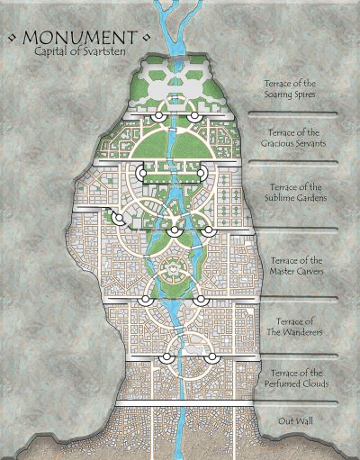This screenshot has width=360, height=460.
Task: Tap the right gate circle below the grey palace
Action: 193,118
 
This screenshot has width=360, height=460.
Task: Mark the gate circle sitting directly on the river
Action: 173,231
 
